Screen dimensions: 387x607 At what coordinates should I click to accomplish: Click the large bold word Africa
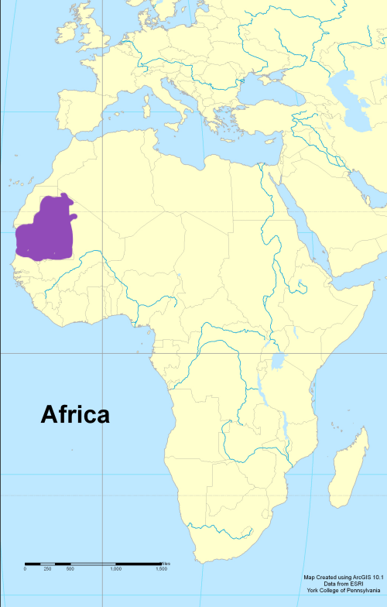[75, 415]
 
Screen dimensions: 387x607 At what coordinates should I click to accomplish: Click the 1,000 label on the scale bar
[116, 569]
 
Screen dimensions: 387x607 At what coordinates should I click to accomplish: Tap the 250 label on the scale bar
[47, 569]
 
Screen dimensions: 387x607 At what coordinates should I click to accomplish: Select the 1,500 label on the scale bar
[161, 569]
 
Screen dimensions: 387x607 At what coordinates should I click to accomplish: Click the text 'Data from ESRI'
[341, 584]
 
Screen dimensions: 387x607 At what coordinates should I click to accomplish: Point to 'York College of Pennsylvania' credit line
[341, 590]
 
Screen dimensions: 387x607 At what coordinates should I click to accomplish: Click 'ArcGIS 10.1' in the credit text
[368, 578]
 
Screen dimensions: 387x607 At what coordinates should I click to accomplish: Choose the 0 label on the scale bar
[25, 569]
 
